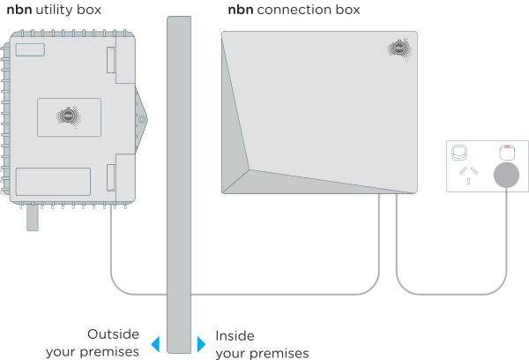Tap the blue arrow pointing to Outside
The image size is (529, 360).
coord(154,342)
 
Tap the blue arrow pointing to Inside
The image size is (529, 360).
coord(201,342)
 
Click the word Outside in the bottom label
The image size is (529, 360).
coord(113,334)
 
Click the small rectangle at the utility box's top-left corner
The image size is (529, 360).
coord(30,50)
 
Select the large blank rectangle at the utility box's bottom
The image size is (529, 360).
coord(53,181)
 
